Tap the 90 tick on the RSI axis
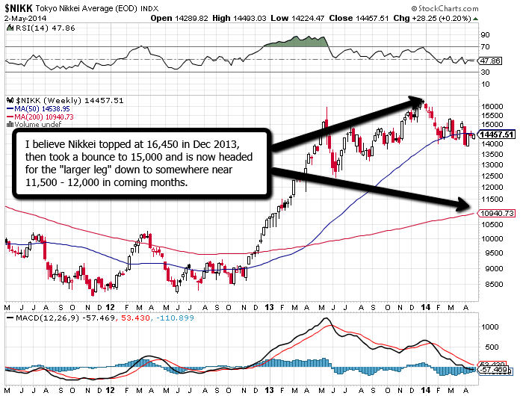coord(483,35)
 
